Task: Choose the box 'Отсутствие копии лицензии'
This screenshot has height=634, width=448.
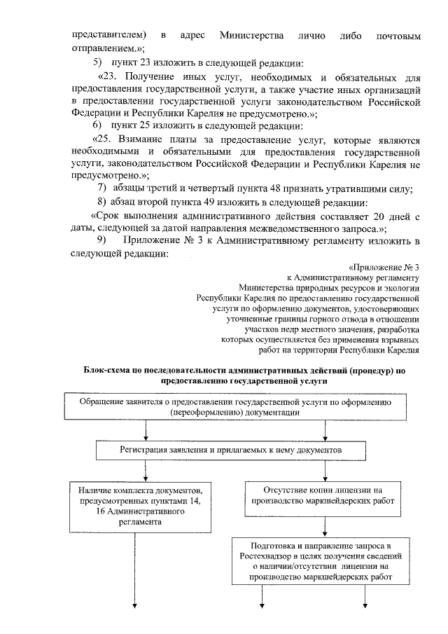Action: [323, 495]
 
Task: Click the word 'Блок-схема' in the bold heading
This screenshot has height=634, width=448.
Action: [108, 368]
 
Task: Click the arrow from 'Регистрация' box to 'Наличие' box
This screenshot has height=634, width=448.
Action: [146, 469]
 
